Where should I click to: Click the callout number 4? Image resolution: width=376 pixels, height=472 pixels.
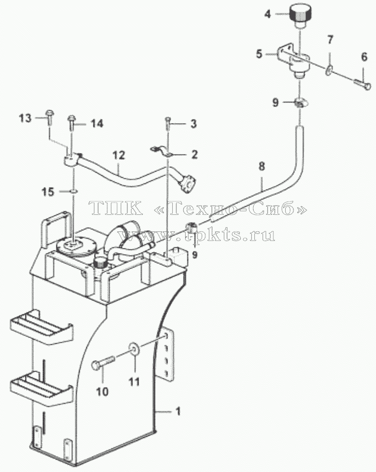pos(268,14)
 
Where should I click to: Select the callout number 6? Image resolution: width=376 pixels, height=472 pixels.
pos(364,57)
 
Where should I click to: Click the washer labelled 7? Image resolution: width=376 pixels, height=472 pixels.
pos(329,71)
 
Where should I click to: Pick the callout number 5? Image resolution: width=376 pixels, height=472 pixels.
pos(259,54)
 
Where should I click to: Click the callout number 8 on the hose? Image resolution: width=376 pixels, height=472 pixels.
pos(261,166)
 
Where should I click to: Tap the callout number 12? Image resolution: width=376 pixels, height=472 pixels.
pos(119,155)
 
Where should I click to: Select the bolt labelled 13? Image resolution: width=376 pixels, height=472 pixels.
pos(50,118)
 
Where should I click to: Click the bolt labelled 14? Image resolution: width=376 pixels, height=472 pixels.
pos(71,122)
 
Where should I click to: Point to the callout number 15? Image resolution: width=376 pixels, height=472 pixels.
pos(47,192)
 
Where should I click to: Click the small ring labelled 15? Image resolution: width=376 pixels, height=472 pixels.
pos(74,191)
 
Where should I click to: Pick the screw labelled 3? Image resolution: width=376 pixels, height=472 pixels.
pos(168,124)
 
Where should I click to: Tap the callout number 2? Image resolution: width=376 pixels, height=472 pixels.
pos(194,154)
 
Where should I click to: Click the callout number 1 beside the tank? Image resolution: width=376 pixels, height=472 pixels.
pos(178,411)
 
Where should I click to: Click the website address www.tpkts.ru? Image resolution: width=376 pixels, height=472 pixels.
pos(198,234)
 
